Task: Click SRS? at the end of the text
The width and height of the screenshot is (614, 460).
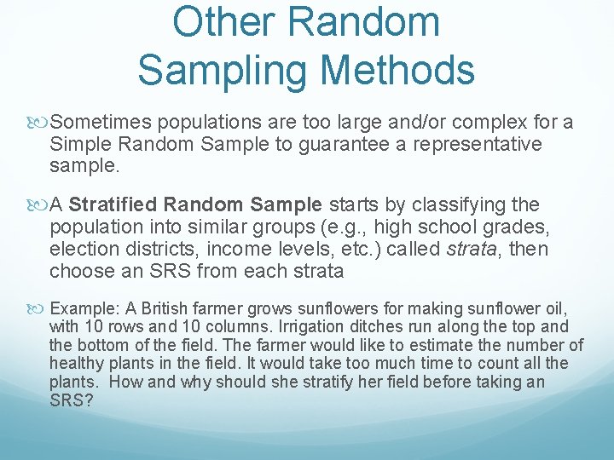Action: coord(68,400)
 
